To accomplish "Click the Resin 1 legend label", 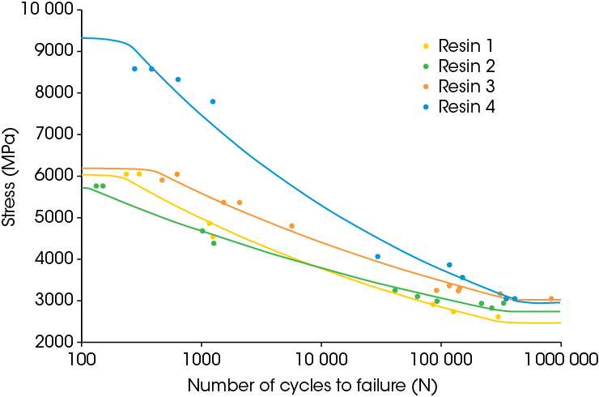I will pyautogui.click(x=465, y=45).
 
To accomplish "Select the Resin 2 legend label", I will pyautogui.click(x=465, y=66).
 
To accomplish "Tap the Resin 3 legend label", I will pyautogui.click(x=465, y=86).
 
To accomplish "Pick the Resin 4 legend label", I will pyautogui.click(x=465, y=106).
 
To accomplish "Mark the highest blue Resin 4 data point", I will pyautogui.click(x=134, y=69).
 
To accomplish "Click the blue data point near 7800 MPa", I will pyautogui.click(x=213, y=101).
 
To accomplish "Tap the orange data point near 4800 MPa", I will pyautogui.click(x=291, y=226).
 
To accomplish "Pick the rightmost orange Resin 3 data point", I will pyautogui.click(x=551, y=299).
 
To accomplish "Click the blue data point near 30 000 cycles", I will pyautogui.click(x=377, y=256).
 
